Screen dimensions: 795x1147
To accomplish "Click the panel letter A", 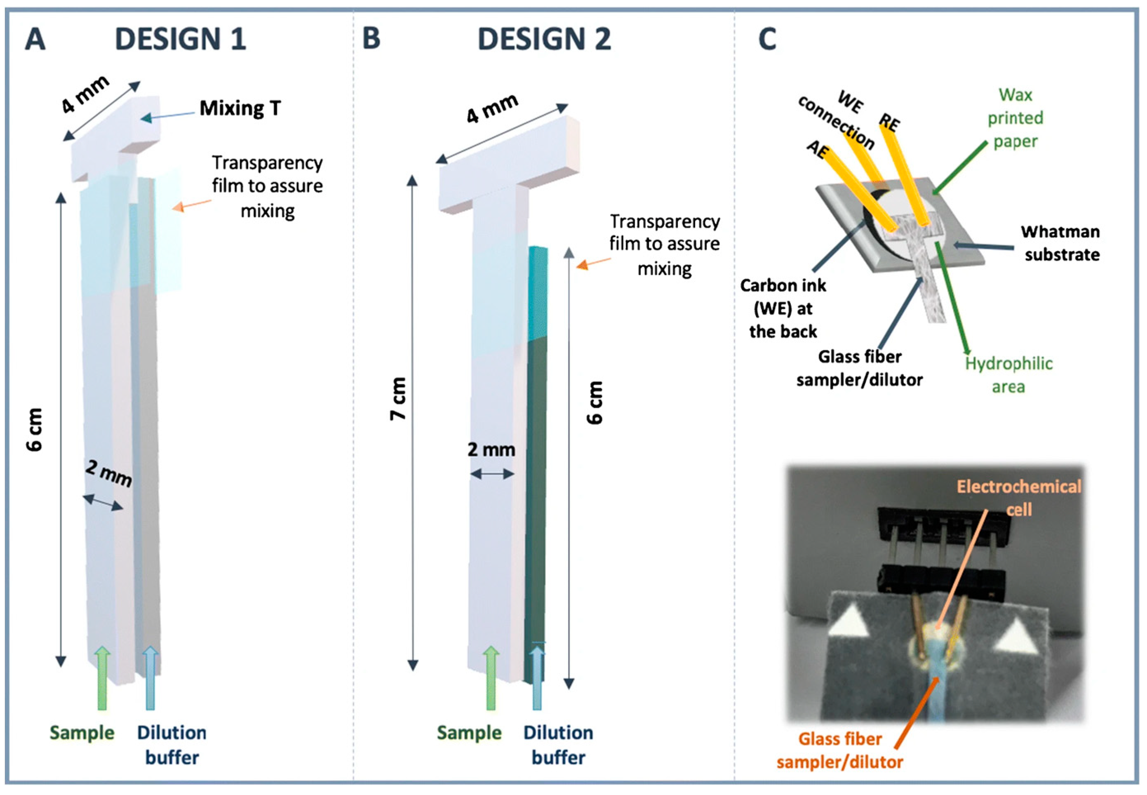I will pos(35,39).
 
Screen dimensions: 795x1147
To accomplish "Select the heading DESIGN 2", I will pos(544,39).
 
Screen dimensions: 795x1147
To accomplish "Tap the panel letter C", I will pos(767,39).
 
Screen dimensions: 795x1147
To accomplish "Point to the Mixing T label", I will pos(240,108).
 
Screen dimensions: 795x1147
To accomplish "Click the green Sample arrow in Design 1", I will pos(102,677).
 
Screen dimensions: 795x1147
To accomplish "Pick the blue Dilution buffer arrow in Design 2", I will pos(537,677).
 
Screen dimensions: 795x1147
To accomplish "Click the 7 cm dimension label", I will pos(398,398).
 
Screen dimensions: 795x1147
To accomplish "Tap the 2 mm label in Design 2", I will pos(491,450).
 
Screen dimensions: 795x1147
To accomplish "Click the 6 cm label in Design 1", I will pos(35,429).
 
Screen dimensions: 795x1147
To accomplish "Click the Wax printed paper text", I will pos(1015,118).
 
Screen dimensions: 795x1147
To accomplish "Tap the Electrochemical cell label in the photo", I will pos(1018,498).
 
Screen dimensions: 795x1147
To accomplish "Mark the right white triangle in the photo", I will pos(1013,650).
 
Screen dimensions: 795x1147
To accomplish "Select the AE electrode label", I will pos(817,148).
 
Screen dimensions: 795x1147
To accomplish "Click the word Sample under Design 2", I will pos(469,733).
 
